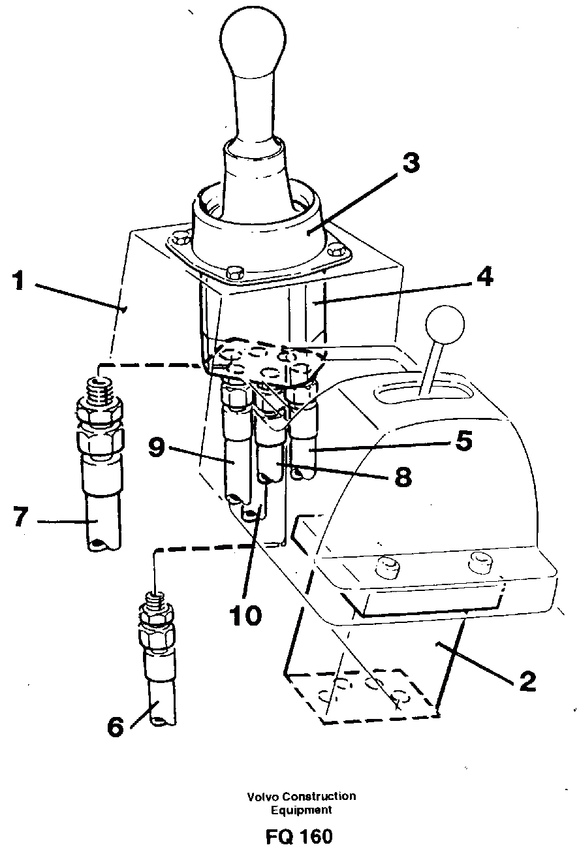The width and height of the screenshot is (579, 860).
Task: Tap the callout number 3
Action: click(410, 163)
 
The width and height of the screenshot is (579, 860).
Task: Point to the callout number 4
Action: click(483, 277)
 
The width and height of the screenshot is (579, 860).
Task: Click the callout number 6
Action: click(116, 727)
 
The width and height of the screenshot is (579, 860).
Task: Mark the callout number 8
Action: click(402, 477)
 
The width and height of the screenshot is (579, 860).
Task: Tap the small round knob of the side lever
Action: click(444, 324)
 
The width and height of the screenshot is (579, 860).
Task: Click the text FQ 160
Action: click(299, 836)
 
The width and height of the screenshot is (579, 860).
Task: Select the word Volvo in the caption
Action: click(262, 797)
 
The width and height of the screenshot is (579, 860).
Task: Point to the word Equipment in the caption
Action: click(302, 810)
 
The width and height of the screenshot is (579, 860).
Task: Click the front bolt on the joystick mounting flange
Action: click(233, 272)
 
